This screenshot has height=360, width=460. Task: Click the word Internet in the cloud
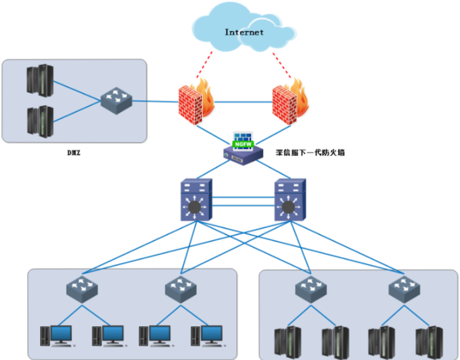(x=244, y=32)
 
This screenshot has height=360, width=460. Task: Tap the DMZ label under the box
(x=74, y=153)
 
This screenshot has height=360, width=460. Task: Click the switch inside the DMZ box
(x=116, y=101)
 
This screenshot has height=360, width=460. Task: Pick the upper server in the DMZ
(x=40, y=80)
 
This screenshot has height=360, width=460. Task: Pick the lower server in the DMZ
(x=40, y=120)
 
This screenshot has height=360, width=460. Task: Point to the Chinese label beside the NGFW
(x=310, y=153)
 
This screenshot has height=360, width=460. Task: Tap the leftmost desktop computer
(x=57, y=336)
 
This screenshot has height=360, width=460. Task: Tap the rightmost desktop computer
(x=207, y=336)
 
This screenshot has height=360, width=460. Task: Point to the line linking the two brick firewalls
(x=243, y=102)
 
